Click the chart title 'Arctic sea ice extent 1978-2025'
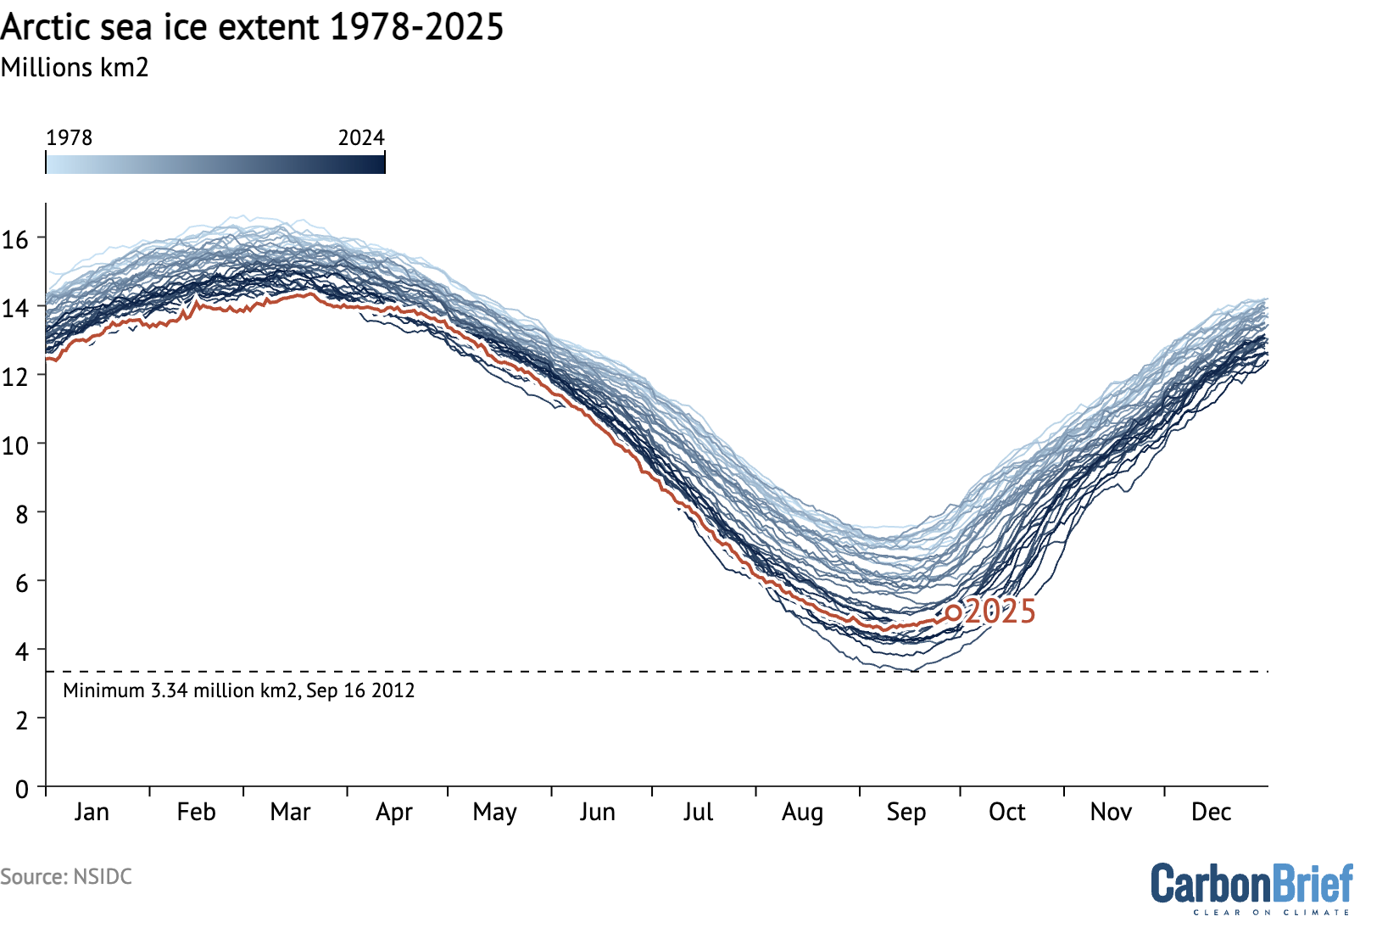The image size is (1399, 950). [252, 27]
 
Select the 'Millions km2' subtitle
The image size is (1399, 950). [75, 68]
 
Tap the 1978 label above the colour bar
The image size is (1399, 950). [69, 137]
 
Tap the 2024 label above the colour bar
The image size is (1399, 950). [361, 137]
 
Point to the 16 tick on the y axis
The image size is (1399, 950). [15, 239]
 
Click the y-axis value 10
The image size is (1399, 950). [15, 444]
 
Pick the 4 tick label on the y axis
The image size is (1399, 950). [22, 651]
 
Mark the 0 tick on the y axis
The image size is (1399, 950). [22, 788]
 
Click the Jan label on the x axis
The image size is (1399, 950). [92, 812]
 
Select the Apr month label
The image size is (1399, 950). [394, 812]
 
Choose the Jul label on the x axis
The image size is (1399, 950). [698, 812]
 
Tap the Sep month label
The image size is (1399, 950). [906, 812]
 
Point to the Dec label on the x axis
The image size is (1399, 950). [1211, 812]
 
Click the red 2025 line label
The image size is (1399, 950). [1000, 612]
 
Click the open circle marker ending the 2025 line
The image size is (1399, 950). [954, 612]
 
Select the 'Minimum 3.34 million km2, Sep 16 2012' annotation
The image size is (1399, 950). [238, 690]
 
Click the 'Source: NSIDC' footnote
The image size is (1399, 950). [66, 876]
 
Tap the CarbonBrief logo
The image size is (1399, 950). [1251, 884]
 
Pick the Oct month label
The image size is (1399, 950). [1007, 812]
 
